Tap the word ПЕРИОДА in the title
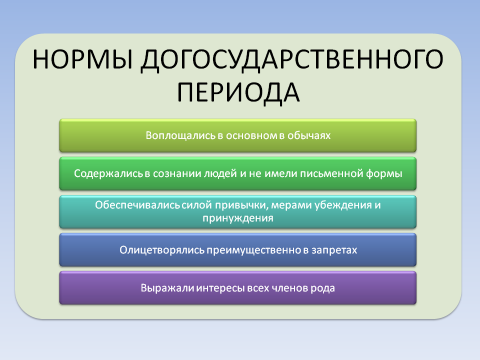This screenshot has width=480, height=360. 239,94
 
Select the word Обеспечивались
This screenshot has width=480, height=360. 127,204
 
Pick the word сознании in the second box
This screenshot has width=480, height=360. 187,173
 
